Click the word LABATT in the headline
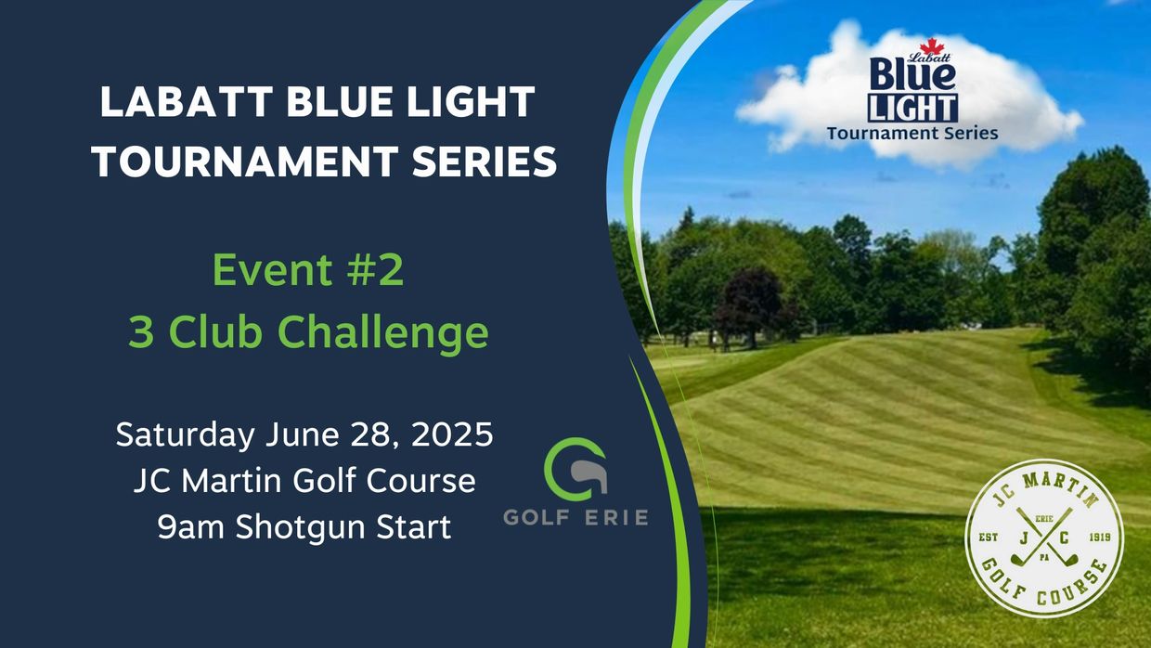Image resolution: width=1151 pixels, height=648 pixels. tap(186, 102)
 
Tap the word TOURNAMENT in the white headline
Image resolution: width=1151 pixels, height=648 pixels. tap(245, 161)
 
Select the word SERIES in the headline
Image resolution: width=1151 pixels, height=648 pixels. tap(485, 161)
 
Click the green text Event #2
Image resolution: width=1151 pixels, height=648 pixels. tap(308, 270)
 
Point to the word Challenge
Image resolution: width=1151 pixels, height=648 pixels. tap(382, 333)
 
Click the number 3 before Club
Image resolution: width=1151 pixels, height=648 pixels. tap(141, 332)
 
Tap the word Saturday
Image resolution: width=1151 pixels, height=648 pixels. tap(185, 435)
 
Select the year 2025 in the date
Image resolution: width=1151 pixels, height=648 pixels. tap(452, 434)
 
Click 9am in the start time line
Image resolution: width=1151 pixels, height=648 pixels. tap(190, 527)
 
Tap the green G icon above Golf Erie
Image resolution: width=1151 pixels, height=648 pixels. tap(575, 469)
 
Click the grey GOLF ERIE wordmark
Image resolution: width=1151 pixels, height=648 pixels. tap(575, 517)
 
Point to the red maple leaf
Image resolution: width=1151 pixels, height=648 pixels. tap(932, 45)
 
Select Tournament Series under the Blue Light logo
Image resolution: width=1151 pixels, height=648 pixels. tap(912, 133)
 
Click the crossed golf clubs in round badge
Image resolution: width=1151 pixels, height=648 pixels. tap(1044, 538)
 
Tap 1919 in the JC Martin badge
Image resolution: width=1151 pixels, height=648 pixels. tap(1100, 537)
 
